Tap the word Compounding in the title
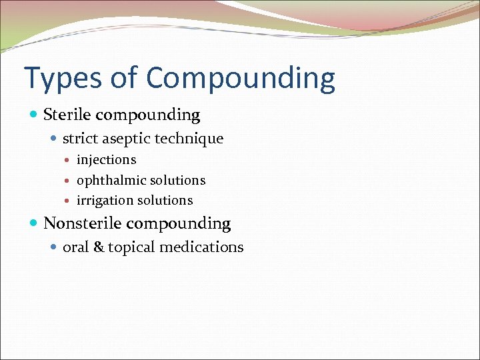coord(241,79)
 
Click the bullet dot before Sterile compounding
coord(35,115)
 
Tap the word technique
coord(191,139)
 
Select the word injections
coord(106,160)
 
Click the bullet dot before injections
coord(70,161)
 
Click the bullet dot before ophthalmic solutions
coord(70,181)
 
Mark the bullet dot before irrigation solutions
coord(70,201)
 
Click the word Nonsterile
coord(81,223)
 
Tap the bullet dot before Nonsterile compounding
coord(35,224)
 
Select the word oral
coord(75,247)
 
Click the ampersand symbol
coord(98,247)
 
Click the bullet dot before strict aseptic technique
coord(55,139)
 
